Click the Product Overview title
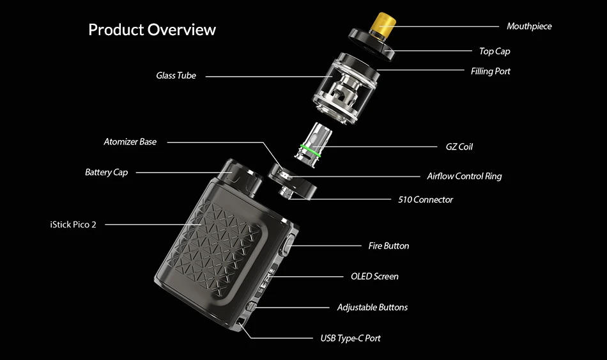(152, 30)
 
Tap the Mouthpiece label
(528, 26)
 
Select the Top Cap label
(495, 51)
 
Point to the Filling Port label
(490, 71)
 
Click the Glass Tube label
(176, 75)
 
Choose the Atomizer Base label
(130, 141)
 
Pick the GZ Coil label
(459, 146)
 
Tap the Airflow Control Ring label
(464, 176)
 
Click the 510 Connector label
(425, 200)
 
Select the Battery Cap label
(106, 172)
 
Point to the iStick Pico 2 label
(73, 224)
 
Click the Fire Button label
(388, 246)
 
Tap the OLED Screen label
(374, 276)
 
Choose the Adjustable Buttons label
(372, 308)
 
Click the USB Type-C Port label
(350, 338)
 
